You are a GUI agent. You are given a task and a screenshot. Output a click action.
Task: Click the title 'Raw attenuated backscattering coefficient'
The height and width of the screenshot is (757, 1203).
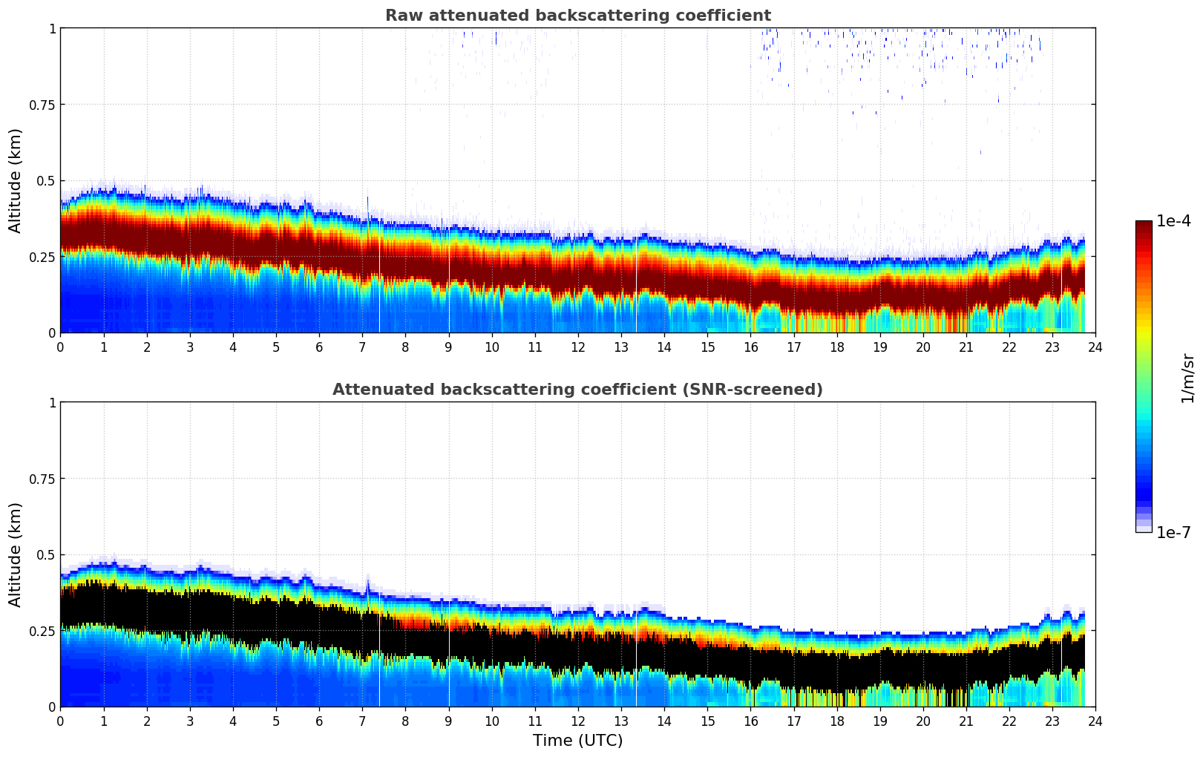click(x=577, y=16)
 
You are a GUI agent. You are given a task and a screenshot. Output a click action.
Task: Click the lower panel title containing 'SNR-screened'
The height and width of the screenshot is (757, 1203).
click(x=577, y=390)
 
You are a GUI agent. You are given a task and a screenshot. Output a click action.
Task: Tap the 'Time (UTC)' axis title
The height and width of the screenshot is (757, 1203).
click(x=577, y=741)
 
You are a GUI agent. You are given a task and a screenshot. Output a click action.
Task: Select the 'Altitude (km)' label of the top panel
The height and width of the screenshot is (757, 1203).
click(x=16, y=180)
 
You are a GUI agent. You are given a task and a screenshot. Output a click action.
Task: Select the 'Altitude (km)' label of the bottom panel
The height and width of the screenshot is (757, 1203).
click(x=16, y=554)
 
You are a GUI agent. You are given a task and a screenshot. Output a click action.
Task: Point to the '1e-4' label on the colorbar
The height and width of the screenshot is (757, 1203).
click(x=1173, y=221)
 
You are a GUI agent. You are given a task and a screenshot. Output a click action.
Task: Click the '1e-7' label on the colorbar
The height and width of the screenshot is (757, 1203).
click(x=1173, y=532)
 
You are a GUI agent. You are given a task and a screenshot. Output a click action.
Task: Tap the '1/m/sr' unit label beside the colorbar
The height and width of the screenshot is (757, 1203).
click(x=1187, y=378)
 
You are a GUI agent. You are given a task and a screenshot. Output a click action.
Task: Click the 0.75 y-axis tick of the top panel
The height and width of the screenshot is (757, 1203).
click(x=42, y=105)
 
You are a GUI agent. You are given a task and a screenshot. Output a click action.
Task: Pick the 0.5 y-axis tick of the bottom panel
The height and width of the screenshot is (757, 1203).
click(x=46, y=554)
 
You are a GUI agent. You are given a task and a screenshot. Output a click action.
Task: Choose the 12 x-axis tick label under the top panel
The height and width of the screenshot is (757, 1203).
click(x=577, y=347)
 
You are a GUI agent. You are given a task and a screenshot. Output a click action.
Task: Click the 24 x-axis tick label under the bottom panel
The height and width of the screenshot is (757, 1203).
click(x=1095, y=721)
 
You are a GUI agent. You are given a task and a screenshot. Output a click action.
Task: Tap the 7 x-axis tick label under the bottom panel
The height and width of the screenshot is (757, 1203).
click(x=362, y=721)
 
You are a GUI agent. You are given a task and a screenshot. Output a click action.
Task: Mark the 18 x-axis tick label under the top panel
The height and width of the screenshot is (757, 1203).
click(x=836, y=347)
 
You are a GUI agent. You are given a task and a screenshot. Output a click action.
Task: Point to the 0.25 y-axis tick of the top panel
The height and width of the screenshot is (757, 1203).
click(x=42, y=257)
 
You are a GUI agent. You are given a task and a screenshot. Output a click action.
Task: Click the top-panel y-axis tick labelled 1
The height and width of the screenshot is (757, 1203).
click(x=52, y=28)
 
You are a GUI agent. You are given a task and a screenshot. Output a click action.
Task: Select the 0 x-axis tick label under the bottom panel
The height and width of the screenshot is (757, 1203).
click(x=60, y=721)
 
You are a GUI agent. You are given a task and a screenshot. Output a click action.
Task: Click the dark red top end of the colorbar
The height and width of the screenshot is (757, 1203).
click(x=1143, y=224)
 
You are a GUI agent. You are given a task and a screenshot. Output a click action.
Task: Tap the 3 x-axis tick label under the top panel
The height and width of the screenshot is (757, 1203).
click(x=190, y=347)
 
